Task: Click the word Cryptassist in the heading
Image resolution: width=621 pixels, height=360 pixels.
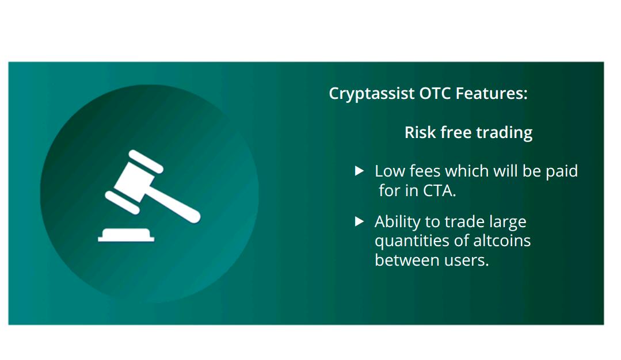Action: (x=372, y=94)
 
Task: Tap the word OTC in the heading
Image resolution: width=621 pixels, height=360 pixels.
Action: (x=435, y=93)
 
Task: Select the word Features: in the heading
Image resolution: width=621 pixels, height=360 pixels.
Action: (x=492, y=93)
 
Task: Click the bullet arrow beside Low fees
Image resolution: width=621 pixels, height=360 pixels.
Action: (x=359, y=171)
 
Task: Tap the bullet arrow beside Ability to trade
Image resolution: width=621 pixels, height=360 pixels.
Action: (x=359, y=221)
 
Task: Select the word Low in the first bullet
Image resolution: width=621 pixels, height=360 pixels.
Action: (x=390, y=171)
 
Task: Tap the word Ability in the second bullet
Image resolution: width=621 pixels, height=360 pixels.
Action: (x=398, y=222)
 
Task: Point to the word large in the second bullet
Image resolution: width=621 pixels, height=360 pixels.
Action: (x=508, y=222)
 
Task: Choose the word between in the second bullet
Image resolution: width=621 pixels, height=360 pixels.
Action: (x=407, y=261)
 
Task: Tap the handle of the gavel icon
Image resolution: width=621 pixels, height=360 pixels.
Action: (x=174, y=204)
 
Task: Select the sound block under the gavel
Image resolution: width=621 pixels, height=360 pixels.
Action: (x=126, y=235)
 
